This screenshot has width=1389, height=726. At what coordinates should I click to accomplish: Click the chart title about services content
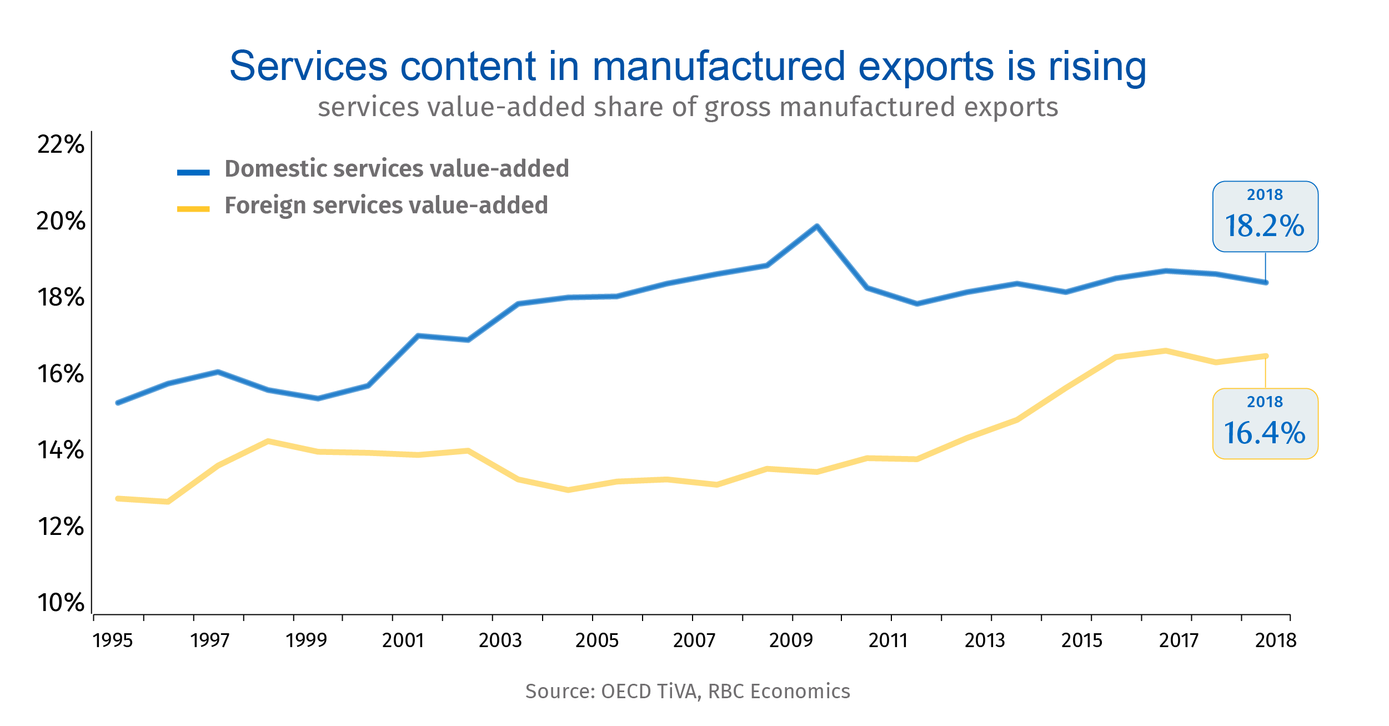(x=688, y=66)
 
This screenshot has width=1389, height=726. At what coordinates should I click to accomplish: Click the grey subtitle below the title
(x=688, y=107)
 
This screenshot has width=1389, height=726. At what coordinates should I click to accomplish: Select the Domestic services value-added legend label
(x=397, y=168)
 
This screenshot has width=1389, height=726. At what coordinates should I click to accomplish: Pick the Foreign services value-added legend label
(x=386, y=205)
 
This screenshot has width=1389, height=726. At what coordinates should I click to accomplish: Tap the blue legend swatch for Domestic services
(x=193, y=172)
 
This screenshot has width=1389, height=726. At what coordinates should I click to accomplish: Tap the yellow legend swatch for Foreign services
(x=193, y=209)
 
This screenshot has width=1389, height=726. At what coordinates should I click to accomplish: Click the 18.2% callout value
(x=1265, y=226)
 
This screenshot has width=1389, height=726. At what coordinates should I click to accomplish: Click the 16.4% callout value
(x=1265, y=433)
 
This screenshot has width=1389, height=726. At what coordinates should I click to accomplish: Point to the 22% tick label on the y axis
(x=61, y=144)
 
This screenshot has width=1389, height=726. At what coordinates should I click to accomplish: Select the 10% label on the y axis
(x=61, y=603)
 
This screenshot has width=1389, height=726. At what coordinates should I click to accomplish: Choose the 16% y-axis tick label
(x=61, y=374)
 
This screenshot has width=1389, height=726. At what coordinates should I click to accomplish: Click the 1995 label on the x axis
(x=113, y=640)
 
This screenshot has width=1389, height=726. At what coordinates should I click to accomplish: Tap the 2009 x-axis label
(x=791, y=640)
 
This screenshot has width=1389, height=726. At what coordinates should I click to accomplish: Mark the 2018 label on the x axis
(x=1276, y=640)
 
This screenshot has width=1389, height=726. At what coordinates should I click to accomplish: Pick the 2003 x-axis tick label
(x=500, y=640)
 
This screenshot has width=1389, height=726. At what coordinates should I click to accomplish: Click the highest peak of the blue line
(x=816, y=226)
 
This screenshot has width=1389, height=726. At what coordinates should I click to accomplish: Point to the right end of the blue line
(x=1266, y=283)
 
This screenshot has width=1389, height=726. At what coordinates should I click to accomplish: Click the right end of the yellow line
(x=1266, y=356)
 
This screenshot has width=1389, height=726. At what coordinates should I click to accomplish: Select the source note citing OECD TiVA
(x=688, y=691)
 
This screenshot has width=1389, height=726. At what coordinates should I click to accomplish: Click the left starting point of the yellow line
(x=118, y=499)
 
